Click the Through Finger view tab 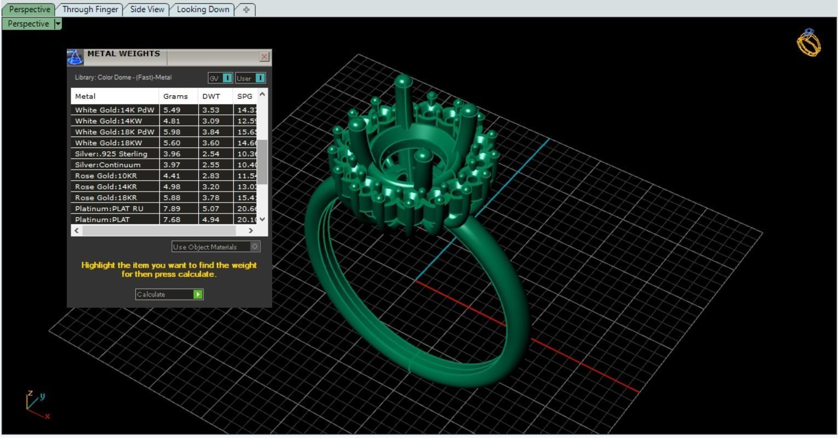[90, 9]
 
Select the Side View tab [147, 9]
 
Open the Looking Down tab [203, 9]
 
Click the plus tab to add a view [246, 10]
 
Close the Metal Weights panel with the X [265, 56]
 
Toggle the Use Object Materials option [255, 246]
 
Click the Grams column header [175, 96]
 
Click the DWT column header [211, 96]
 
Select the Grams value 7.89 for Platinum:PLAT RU [172, 209]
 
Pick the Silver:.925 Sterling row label [111, 154]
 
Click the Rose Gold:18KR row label [106, 198]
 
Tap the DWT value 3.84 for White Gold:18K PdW [211, 132]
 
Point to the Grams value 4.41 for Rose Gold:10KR [172, 176]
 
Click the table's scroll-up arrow [262, 94]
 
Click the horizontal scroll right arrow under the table [251, 230]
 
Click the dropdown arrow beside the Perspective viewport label [58, 24]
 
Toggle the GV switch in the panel [227, 78]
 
